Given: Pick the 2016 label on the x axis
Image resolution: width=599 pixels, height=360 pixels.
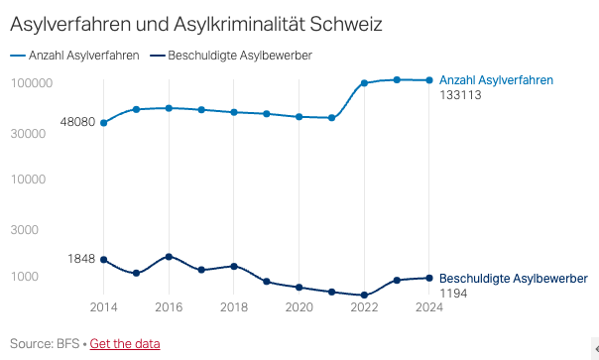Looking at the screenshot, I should [169, 306].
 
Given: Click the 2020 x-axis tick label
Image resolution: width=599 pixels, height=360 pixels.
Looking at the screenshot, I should [299, 306].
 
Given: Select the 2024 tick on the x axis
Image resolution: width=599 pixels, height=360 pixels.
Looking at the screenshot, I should [428, 306].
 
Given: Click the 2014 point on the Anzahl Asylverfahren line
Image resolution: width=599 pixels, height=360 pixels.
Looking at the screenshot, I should [104, 123].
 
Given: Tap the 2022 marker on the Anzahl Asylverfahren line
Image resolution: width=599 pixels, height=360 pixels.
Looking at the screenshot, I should [364, 83].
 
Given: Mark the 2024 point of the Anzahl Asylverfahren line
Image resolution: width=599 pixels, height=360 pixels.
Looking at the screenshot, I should [428, 80].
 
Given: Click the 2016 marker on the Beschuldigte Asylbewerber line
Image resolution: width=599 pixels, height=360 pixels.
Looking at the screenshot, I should [169, 257].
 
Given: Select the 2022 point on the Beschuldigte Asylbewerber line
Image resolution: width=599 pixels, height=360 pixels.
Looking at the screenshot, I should [364, 296].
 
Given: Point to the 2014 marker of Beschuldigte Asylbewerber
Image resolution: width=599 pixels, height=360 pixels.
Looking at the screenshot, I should [104, 260].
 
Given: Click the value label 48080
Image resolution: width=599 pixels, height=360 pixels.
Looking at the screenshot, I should [77, 122].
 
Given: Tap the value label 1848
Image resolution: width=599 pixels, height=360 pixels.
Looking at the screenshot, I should [81, 259].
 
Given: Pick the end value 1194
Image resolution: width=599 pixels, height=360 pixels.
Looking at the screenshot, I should [454, 294].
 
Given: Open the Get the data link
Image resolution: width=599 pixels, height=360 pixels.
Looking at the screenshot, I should [125, 344].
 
